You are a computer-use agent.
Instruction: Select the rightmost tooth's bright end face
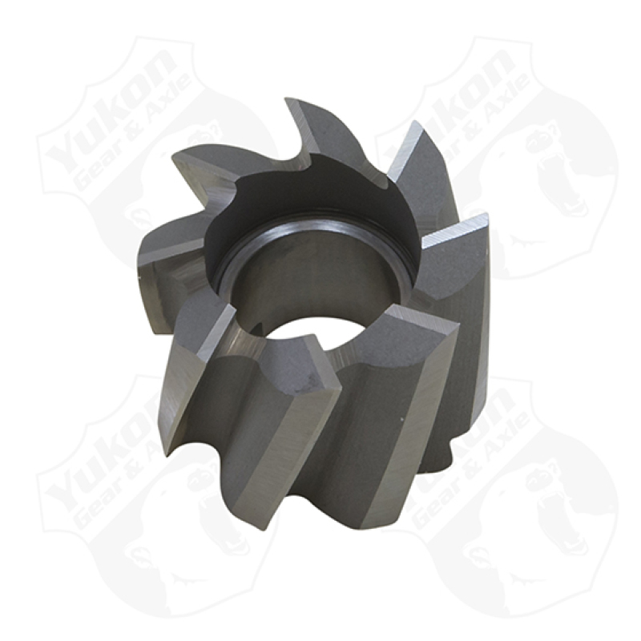point(454,229)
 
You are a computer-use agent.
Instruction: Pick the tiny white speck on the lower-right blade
point(403,418)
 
